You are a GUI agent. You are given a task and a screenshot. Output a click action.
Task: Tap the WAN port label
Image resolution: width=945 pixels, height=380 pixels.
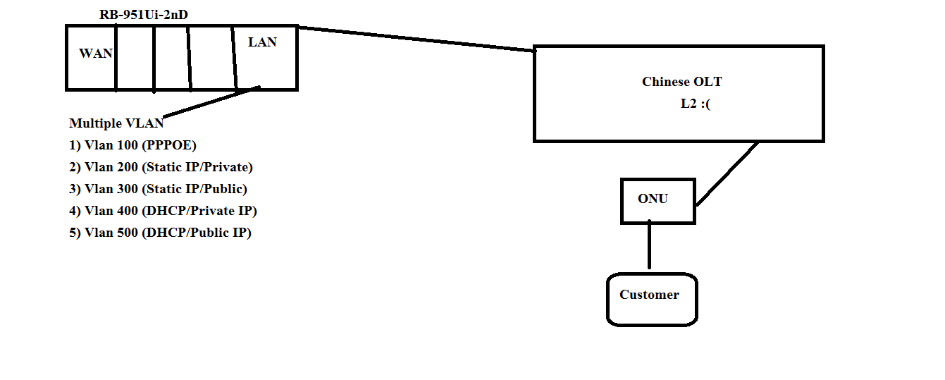click(x=95, y=54)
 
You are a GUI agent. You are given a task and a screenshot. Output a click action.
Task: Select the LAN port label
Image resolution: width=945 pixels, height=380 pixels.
click(x=262, y=42)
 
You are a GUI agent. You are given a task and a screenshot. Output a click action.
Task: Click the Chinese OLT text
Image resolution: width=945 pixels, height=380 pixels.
click(x=681, y=82)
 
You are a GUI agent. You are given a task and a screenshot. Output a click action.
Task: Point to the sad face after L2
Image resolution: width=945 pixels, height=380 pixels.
click(x=709, y=104)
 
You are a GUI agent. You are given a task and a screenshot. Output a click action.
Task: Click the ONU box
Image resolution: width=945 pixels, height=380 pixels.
click(x=657, y=201)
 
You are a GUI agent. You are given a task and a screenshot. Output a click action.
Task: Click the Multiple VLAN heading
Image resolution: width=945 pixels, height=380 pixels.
click(x=116, y=123)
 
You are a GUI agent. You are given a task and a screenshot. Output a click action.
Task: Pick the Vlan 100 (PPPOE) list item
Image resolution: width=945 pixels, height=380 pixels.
click(x=132, y=145)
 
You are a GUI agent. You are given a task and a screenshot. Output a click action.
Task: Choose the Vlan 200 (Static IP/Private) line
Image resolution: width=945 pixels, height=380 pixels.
click(x=161, y=167)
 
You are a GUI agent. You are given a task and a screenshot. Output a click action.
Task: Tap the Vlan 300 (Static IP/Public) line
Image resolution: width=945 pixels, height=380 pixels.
click(x=158, y=189)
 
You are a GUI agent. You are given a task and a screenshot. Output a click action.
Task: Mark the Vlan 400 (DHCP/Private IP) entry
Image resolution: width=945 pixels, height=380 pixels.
click(x=163, y=211)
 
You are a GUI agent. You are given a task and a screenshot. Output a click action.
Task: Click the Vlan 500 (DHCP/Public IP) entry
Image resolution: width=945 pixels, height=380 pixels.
click(x=160, y=233)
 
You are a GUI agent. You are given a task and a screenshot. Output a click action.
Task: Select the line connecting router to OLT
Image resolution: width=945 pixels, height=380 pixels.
click(x=416, y=39)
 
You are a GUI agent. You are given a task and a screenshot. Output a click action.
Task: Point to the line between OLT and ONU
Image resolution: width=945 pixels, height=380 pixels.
click(x=727, y=173)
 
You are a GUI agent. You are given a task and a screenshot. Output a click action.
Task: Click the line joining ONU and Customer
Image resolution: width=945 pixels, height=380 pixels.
click(x=649, y=245)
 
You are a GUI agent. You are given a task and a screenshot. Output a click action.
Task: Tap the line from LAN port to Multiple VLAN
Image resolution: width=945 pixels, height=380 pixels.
click(x=211, y=102)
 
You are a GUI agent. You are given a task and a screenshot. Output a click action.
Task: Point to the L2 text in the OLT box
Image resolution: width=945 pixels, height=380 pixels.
click(x=688, y=104)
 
